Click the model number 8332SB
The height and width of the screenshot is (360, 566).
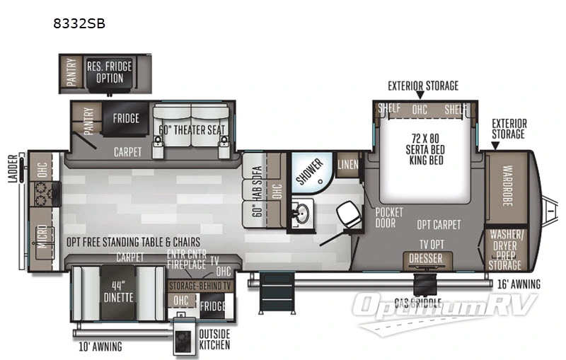[79, 23]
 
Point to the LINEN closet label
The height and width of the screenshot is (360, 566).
[347, 164]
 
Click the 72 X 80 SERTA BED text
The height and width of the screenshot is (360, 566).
[425, 141]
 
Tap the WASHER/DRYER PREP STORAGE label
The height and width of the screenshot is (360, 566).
[507, 250]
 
